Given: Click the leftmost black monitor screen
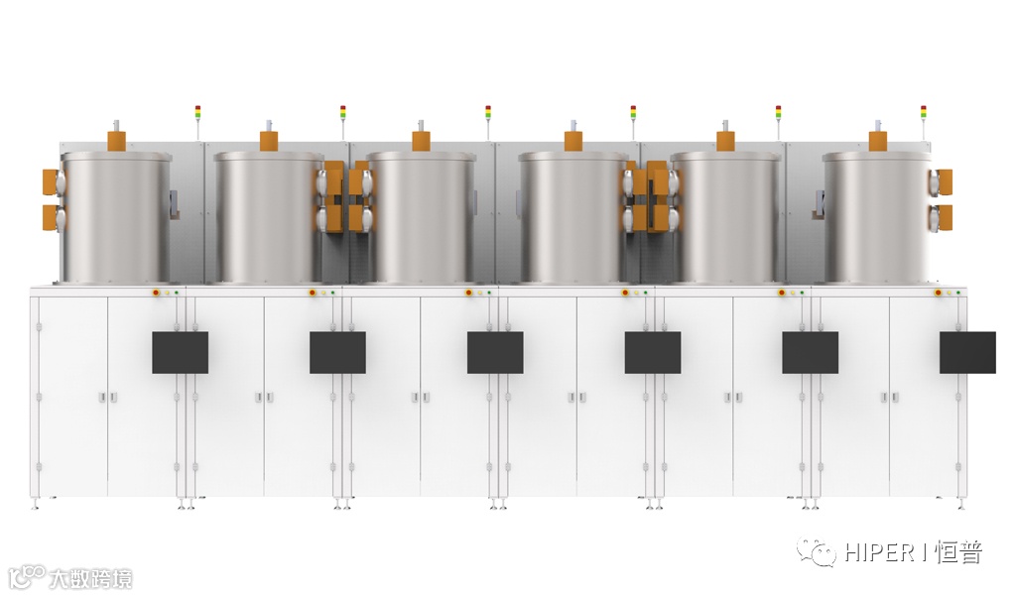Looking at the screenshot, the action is click(181, 352).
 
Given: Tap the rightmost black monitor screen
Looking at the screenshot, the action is click(967, 352).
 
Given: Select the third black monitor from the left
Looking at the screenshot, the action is click(495, 352).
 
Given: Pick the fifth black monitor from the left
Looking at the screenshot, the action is click(810, 352).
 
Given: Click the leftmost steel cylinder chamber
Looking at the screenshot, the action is click(117, 217).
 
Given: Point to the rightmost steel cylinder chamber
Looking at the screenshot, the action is click(878, 217).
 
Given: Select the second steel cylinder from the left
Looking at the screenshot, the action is click(269, 217).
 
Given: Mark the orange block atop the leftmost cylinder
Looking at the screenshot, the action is click(117, 141).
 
